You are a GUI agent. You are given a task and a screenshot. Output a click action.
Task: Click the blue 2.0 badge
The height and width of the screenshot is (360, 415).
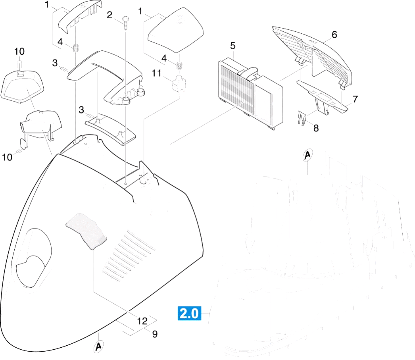(x=189, y=314)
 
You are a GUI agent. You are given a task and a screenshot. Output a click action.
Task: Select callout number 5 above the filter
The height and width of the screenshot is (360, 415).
(x=232, y=46)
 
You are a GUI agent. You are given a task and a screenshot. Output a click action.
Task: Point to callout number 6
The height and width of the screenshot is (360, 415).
(x=334, y=35)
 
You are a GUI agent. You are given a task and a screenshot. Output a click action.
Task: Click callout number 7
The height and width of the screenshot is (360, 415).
(x=355, y=99)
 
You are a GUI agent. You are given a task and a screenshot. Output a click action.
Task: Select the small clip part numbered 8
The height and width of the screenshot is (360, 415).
(x=302, y=118)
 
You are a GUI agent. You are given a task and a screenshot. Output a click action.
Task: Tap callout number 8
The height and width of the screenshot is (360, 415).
(x=316, y=128)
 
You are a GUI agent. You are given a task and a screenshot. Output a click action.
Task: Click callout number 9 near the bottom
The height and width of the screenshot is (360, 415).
(x=155, y=334)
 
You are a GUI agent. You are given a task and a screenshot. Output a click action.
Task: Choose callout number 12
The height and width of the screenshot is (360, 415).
(x=142, y=321)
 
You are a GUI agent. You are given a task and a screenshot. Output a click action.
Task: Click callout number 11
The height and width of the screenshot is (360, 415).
(x=157, y=73)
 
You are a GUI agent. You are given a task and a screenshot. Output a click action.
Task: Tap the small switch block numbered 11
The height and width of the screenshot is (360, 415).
(x=179, y=83)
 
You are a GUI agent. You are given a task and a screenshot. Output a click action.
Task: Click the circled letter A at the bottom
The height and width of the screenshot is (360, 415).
(x=98, y=347)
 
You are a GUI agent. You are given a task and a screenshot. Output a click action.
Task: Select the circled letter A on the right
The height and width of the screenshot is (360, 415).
(x=307, y=155)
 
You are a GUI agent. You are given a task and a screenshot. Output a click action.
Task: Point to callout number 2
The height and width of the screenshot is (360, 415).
(x=110, y=15)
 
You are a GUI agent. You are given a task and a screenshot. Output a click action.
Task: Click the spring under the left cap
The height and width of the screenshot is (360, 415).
(x=76, y=48)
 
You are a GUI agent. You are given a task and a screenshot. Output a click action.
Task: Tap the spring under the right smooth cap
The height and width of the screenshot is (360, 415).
(x=180, y=65)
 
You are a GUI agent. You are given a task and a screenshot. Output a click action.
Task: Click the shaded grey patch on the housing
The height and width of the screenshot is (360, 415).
(x=86, y=231)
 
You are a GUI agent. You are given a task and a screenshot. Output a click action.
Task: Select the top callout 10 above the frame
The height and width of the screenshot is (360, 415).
(x=19, y=51)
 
